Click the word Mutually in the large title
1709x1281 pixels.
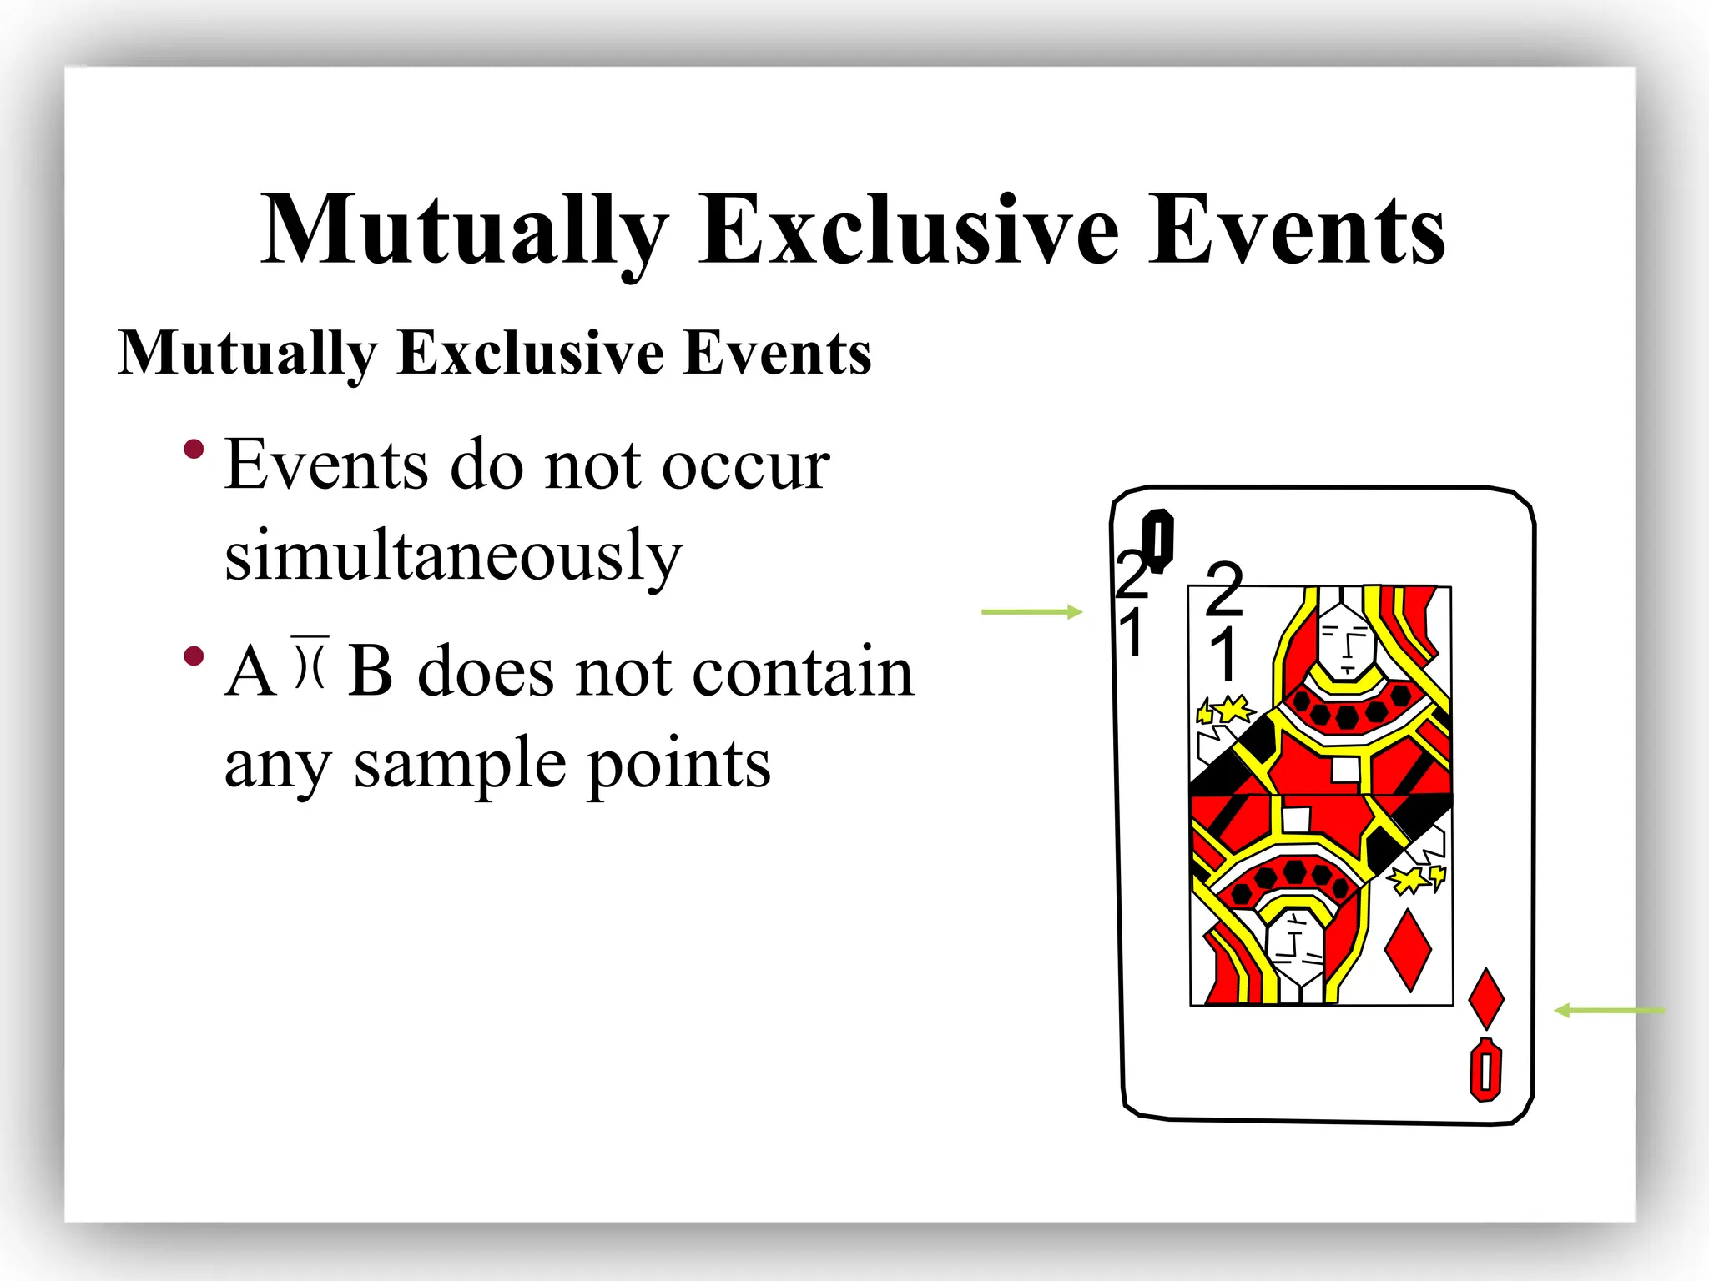[x=464, y=230]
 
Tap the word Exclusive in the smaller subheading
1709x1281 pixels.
[x=531, y=354]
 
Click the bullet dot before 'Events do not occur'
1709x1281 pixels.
[x=194, y=450]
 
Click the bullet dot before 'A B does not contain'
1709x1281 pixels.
[x=194, y=656]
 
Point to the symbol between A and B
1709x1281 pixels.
[x=310, y=664]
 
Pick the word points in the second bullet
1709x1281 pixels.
[x=678, y=763]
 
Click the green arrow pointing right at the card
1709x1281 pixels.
[x=1031, y=612]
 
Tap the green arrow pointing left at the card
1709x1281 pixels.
[x=1608, y=1011]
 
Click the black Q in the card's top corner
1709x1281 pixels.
[x=1158, y=540]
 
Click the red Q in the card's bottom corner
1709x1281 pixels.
[x=1485, y=1070]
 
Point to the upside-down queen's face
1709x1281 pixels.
[x=1295, y=947]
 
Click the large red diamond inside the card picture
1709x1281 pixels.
[x=1408, y=950]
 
